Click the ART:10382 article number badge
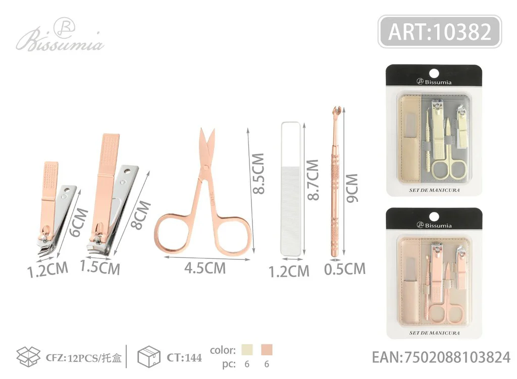[x=440, y=32]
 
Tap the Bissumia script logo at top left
[x=60, y=36]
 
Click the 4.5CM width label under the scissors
[x=205, y=268]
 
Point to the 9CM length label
[x=351, y=188]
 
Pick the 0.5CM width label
[x=344, y=269]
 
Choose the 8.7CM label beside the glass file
[x=313, y=180]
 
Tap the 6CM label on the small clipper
[x=80, y=223]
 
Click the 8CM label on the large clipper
[x=141, y=215]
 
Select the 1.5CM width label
[x=100, y=266]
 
